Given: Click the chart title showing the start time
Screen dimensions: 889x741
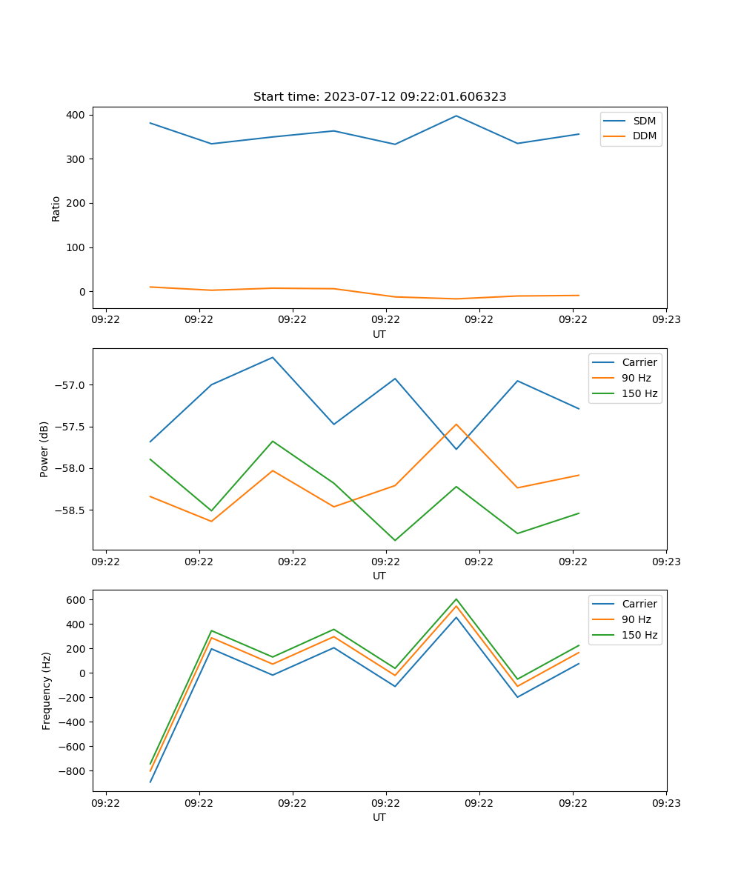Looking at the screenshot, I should pyautogui.click(x=379, y=97).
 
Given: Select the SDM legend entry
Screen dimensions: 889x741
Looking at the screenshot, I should pyautogui.click(x=644, y=121).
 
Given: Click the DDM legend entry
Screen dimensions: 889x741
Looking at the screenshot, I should pyautogui.click(x=644, y=136).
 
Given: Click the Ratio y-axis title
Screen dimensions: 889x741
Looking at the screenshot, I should pyautogui.click(x=56, y=208).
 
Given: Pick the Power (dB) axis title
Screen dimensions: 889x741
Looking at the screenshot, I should pyautogui.click(x=44, y=449).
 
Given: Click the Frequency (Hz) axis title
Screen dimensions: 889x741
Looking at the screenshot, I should pyautogui.click(x=47, y=690).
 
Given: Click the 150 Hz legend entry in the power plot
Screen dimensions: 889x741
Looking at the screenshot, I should pyautogui.click(x=639, y=393).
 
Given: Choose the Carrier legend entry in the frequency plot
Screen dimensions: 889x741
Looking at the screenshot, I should pyautogui.click(x=639, y=604).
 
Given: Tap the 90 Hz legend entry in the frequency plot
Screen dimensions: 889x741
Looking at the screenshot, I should pyautogui.click(x=637, y=619).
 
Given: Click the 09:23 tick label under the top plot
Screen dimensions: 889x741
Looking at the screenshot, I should pyautogui.click(x=666, y=321).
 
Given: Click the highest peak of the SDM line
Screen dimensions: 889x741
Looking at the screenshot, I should pyautogui.click(x=456, y=116).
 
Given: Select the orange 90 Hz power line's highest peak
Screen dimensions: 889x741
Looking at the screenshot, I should pyautogui.click(x=456, y=424).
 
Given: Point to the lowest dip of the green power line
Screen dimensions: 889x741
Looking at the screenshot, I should pyautogui.click(x=395, y=540).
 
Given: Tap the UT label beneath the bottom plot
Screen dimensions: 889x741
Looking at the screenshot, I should pyautogui.click(x=379, y=817).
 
